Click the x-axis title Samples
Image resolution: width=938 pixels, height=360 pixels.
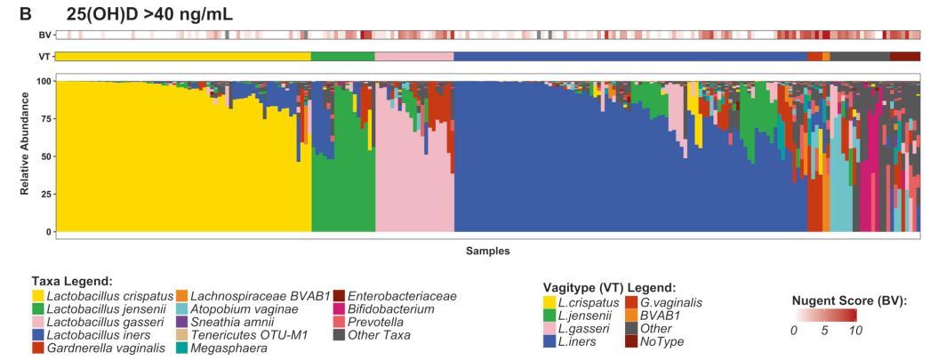488,251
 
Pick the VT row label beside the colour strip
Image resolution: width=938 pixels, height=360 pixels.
44,56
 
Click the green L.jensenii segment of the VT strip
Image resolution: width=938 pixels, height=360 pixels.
343,56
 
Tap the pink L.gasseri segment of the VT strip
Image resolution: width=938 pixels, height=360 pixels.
414,56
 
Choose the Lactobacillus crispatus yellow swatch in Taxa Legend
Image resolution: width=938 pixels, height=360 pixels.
37,295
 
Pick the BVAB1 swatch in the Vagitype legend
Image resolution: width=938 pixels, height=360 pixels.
633,315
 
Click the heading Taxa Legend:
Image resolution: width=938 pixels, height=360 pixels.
69,281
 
